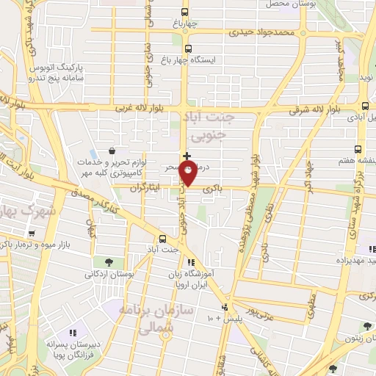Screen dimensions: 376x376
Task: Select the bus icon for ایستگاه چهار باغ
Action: pyautogui.click(x=188, y=50)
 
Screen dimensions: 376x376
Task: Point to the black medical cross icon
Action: pyautogui.click(x=187, y=156)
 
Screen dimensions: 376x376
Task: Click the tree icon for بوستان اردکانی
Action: pyautogui.click(x=109, y=261)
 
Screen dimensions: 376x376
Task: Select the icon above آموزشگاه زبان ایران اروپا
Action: pyautogui.click(x=191, y=262)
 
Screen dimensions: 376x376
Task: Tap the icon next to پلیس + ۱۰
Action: pyautogui.click(x=225, y=308)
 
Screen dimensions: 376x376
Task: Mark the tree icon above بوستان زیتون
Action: pyautogui.click(x=366, y=327)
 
